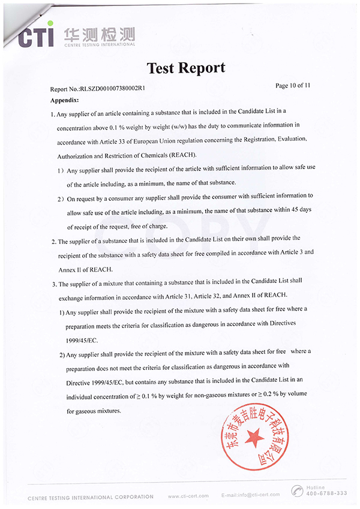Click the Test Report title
point(186,68)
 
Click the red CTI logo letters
point(35,37)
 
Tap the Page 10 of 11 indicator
point(292,86)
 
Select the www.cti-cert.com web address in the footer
point(188,496)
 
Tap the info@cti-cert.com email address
point(250,496)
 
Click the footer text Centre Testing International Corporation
point(90,496)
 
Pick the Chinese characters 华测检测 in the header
point(99,34)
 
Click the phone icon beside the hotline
point(298,491)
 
